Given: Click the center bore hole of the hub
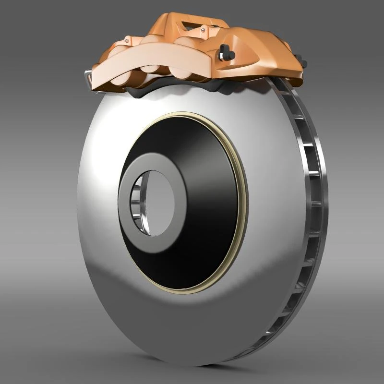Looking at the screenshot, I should (156, 202).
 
